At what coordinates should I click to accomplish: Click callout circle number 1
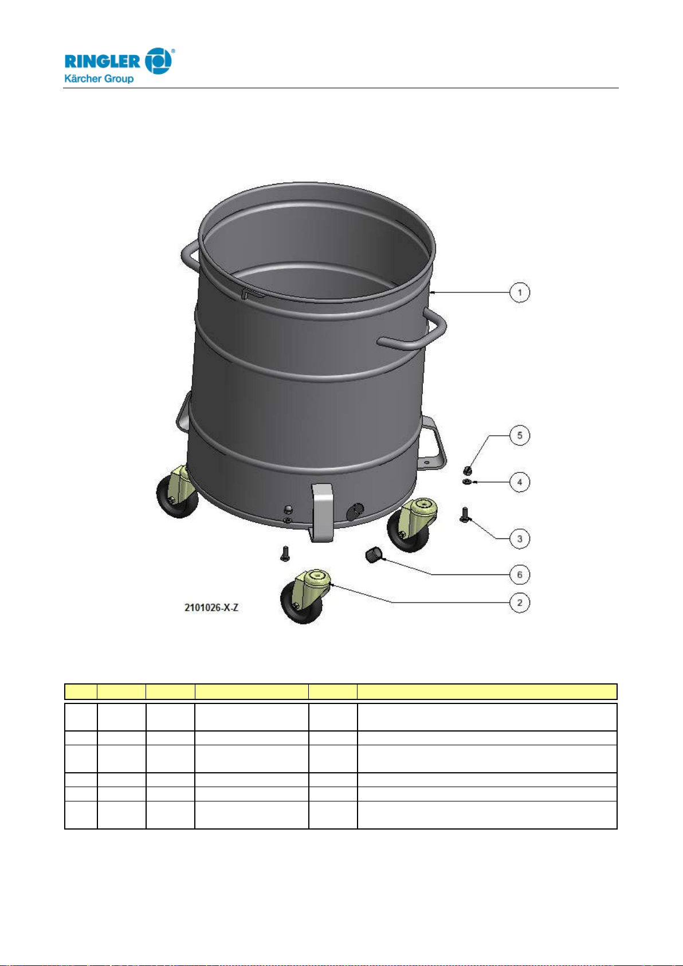[x=520, y=292]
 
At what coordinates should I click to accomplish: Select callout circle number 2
[x=520, y=603]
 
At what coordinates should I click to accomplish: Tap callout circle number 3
[x=520, y=539]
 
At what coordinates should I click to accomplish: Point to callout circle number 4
[x=520, y=482]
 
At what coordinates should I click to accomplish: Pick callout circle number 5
[x=520, y=436]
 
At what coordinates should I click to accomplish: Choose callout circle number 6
[x=520, y=574]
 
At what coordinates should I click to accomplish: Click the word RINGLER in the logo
[x=103, y=61]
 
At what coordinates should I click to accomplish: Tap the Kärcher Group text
[x=99, y=79]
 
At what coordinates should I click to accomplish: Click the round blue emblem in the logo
[x=158, y=61]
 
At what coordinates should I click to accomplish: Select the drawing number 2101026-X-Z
[x=211, y=608]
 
